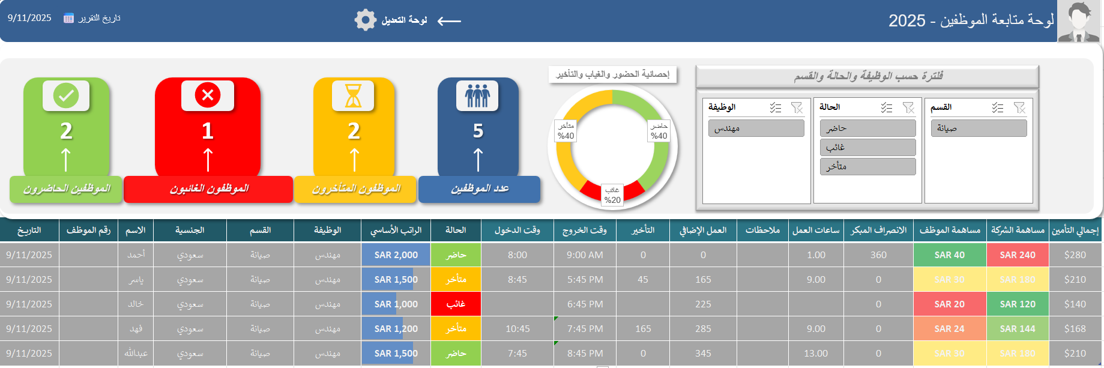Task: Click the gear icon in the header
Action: tap(365, 20)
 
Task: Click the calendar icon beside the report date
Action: tap(69, 18)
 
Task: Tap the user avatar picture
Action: tap(1079, 22)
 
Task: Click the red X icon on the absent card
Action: tap(208, 95)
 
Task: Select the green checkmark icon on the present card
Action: tap(66, 95)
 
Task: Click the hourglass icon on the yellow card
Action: tap(353, 95)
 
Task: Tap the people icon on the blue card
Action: tap(477, 95)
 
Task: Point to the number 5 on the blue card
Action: tap(478, 131)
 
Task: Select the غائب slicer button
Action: tap(867, 147)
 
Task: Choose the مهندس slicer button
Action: tap(756, 128)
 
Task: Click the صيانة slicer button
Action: tap(979, 128)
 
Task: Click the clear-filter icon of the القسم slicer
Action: tap(1019, 107)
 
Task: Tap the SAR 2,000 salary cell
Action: tap(396, 255)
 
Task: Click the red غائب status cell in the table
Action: tap(456, 304)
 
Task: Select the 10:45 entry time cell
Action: tap(517, 329)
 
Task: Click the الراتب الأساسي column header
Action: tap(396, 230)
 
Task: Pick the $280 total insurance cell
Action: tap(1075, 255)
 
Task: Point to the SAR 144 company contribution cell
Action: tap(1017, 329)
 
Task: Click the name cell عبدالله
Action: tap(136, 354)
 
